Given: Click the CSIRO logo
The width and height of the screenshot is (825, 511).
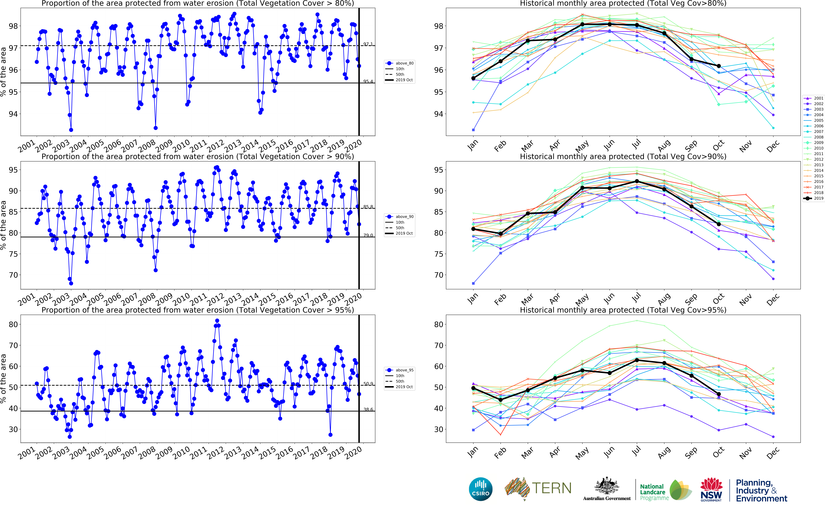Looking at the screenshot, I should pyautogui.click(x=480, y=489).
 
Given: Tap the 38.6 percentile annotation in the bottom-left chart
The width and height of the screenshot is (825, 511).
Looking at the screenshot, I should pyautogui.click(x=368, y=410).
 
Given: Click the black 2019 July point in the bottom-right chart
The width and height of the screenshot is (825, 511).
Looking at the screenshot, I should pyautogui.click(x=637, y=360).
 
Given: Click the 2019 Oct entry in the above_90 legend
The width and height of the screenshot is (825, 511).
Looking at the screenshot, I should pyautogui.click(x=404, y=233).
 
